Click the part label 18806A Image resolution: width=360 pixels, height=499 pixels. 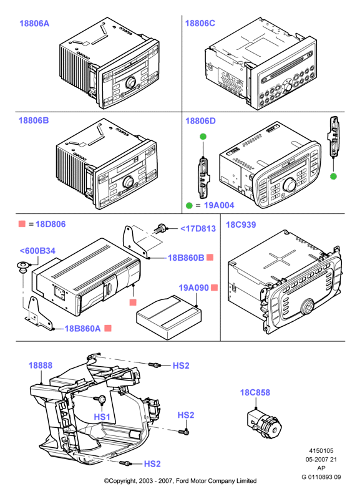click(34, 23)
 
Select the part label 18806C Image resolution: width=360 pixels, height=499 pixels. click(200, 23)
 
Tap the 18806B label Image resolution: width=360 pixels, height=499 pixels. click(34, 120)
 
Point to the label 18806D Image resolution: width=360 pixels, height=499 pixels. click(200, 121)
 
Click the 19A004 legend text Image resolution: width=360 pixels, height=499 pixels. click(218, 205)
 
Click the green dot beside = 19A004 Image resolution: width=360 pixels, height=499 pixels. click(189, 205)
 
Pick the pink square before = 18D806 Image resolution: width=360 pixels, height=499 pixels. click(22, 223)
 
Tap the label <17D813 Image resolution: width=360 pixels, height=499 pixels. click(198, 228)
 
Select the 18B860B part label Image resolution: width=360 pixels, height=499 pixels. click(186, 258)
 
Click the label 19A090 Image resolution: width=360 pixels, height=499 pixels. click(194, 288)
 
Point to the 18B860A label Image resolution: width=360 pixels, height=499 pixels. click(82, 329)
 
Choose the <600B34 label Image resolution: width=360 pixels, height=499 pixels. click(37, 251)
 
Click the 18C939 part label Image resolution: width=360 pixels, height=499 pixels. click(241, 225)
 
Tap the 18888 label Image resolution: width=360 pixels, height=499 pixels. click(41, 366)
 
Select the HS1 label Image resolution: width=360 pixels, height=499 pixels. click(102, 417)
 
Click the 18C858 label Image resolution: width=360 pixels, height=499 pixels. click(255, 392)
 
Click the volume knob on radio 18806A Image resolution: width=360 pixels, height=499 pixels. click(131, 82)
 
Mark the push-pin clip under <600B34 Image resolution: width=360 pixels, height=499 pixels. click(22, 266)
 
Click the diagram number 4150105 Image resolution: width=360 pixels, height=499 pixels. click(321, 450)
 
